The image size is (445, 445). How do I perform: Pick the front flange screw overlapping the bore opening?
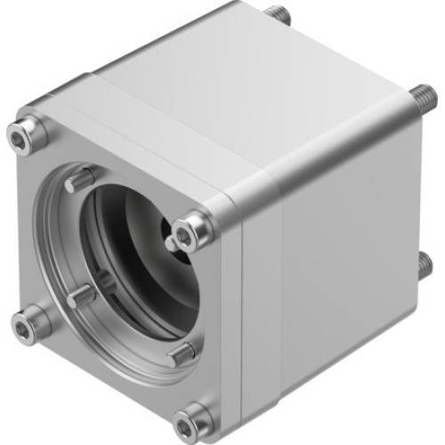tap(188, 233)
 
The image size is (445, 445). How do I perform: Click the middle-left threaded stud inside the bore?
tap(83, 295)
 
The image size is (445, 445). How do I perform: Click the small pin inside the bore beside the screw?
tap(170, 242)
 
